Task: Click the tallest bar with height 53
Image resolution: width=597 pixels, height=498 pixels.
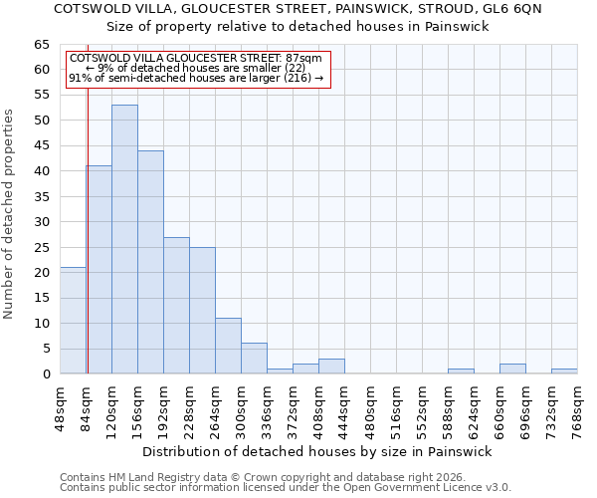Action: pos(124,239)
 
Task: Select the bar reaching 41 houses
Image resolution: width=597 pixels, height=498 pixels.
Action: pos(99,269)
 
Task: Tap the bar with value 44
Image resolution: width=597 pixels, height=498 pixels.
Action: pos(150,262)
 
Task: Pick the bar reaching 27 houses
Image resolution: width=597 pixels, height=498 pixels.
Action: pos(176,305)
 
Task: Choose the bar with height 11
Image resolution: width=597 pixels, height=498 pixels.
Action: pos(228,346)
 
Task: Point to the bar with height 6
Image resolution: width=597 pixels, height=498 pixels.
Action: pos(254,359)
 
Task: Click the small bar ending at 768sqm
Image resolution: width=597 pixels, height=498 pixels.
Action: pos(564,372)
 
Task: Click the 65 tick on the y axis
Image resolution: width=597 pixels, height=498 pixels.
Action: pos(42,45)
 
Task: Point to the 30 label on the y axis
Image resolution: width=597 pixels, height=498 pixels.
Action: pos(42,222)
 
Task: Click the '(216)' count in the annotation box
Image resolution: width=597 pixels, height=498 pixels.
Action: pos(299,78)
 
